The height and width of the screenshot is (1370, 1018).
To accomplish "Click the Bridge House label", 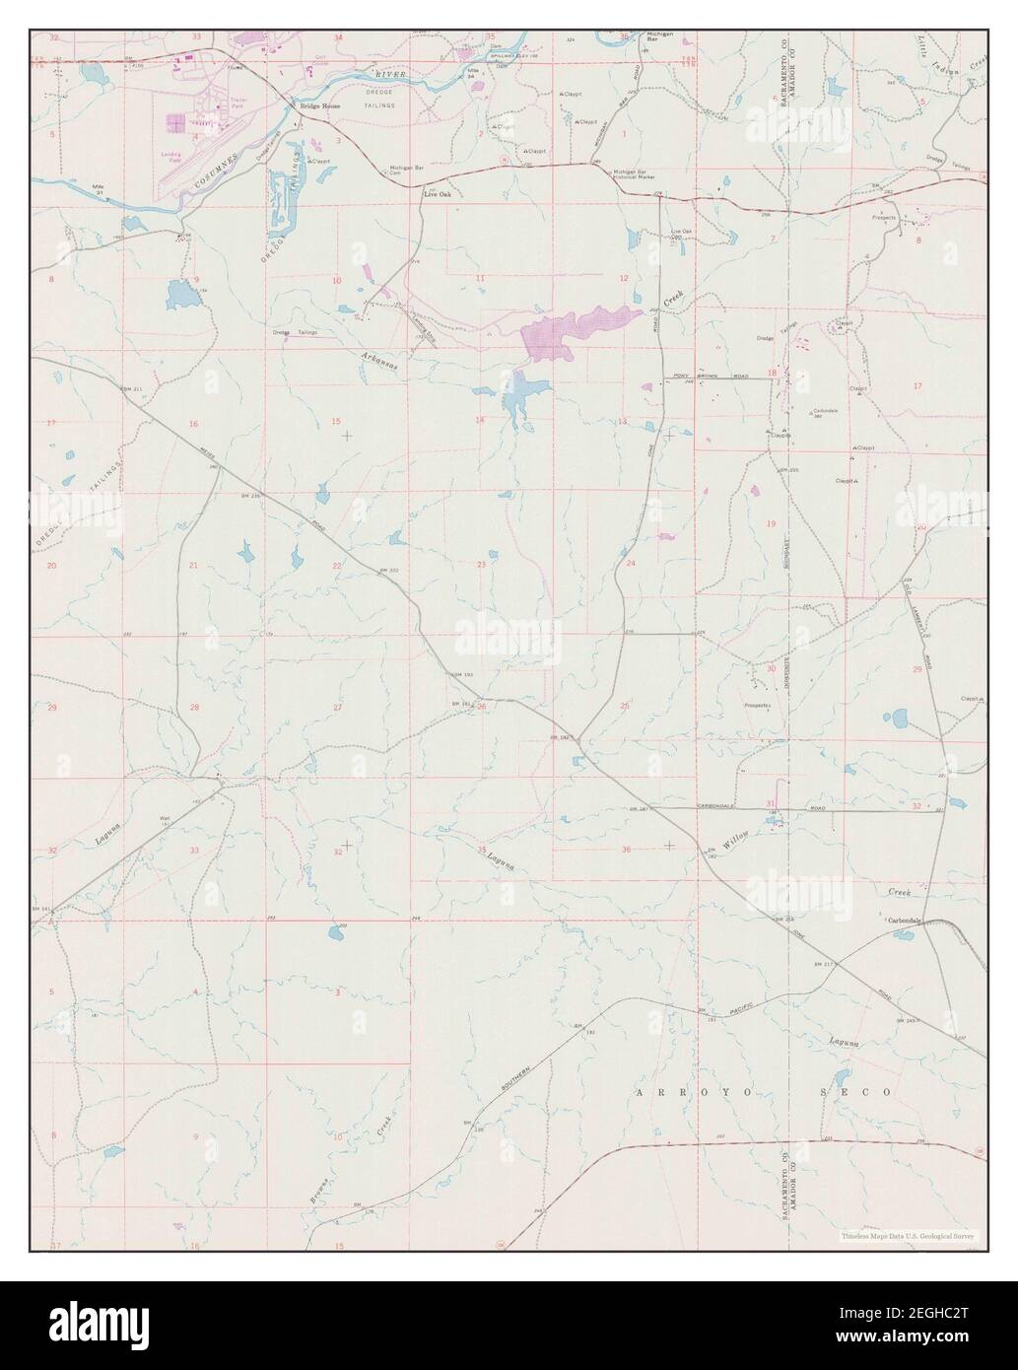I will point(306,104).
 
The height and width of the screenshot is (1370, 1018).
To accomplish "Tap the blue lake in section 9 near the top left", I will point(180,292).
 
